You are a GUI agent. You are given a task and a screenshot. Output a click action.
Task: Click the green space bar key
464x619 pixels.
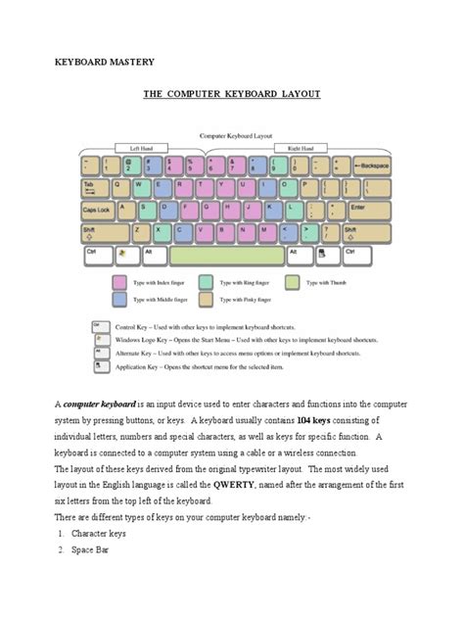(226, 255)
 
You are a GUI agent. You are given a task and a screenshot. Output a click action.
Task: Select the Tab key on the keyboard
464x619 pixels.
(93, 188)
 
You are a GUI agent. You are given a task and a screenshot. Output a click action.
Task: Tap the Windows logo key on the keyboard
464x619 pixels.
(122, 255)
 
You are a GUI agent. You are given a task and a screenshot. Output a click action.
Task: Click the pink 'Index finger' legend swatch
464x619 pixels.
(121, 282)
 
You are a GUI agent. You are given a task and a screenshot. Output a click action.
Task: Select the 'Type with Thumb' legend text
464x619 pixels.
(326, 282)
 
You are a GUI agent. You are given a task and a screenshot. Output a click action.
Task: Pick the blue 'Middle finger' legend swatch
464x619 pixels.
(121, 299)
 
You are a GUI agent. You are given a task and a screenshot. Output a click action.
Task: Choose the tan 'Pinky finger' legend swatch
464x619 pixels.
(207, 299)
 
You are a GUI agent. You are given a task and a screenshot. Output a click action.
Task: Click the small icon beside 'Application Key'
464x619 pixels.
(98, 366)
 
